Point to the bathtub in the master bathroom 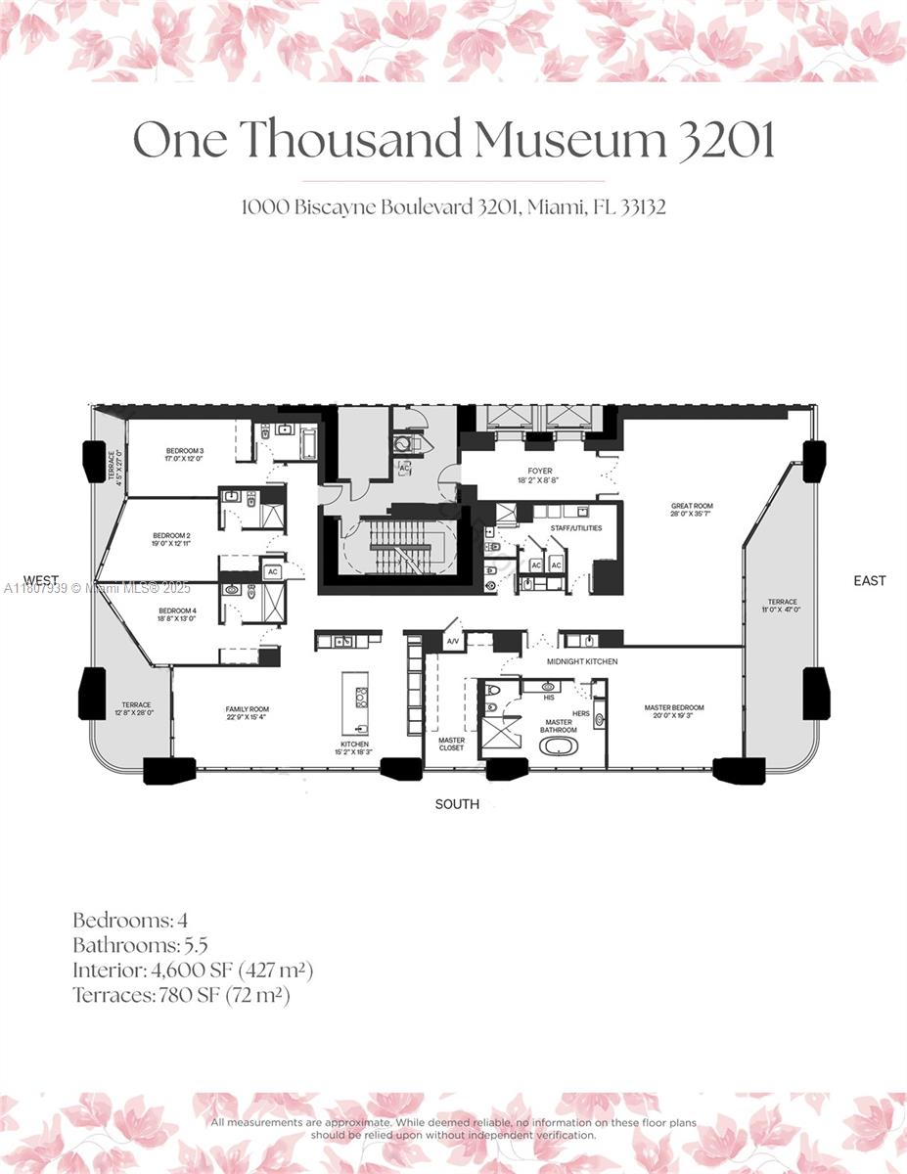[x=559, y=745]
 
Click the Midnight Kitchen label [x=582, y=662]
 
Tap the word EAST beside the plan [x=869, y=580]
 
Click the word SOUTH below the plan [x=457, y=804]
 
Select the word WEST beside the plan [x=42, y=580]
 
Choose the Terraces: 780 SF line [x=181, y=995]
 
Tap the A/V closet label [x=453, y=642]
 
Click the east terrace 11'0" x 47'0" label [x=782, y=606]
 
